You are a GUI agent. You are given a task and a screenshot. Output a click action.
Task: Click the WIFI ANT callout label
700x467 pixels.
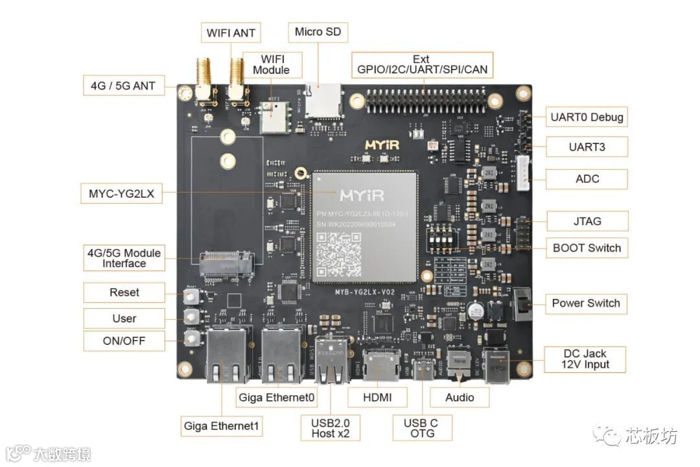click(x=231, y=32)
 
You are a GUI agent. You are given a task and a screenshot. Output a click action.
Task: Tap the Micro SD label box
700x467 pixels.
click(x=318, y=32)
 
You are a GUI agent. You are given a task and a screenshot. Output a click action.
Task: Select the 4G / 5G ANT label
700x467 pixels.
click(x=124, y=85)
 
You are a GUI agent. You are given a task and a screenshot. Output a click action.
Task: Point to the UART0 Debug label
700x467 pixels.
click(x=587, y=117)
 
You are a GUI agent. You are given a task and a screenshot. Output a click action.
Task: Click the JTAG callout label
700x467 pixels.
click(x=587, y=221)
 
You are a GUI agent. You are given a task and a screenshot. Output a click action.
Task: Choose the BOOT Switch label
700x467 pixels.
click(x=587, y=248)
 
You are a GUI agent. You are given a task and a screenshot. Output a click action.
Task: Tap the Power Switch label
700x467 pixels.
click(x=585, y=303)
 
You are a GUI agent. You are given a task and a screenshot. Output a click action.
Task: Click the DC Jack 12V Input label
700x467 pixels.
click(x=585, y=359)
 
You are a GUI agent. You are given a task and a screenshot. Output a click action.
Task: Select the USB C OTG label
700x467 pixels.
click(x=421, y=428)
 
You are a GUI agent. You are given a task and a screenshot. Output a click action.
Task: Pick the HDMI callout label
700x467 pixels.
click(x=377, y=397)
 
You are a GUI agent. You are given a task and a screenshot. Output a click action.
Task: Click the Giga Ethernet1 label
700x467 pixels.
click(x=222, y=426)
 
